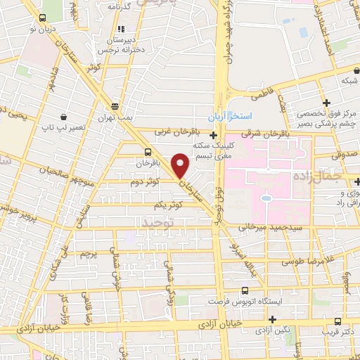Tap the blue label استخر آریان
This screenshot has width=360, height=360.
click(233, 115)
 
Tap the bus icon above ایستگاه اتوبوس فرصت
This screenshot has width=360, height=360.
click(245, 290)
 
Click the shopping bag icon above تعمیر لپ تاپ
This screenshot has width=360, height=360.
click(65, 116)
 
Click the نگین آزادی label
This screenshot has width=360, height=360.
click(272, 330)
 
